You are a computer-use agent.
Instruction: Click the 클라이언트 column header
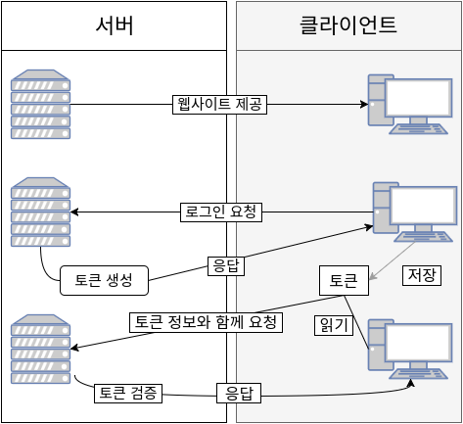coord(347,25)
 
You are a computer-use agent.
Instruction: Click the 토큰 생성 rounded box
coord(104,280)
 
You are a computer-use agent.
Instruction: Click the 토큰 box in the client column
coord(344,280)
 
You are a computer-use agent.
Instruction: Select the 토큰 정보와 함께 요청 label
coord(206,322)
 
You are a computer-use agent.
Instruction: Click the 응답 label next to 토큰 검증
coord(239,395)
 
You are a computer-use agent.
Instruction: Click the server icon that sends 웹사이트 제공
coord(40,104)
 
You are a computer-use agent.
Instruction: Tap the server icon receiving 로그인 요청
coord(40,212)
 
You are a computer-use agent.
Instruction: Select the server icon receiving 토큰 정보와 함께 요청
coord(40,349)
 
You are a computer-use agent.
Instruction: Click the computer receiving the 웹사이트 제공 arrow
coord(409,103)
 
